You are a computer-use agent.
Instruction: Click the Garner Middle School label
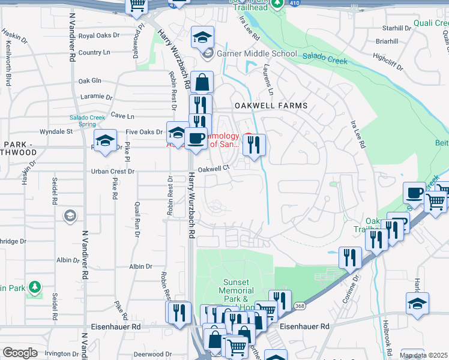(x=258, y=53)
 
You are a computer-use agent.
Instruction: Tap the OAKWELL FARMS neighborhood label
(x=271, y=106)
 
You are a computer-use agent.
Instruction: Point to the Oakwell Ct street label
(x=214, y=169)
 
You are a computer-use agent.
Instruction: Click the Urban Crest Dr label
(x=112, y=172)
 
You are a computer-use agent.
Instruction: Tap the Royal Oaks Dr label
(x=98, y=35)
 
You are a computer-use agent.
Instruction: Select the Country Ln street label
(x=94, y=52)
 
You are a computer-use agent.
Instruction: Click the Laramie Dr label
(x=95, y=97)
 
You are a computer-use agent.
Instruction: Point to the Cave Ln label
(x=122, y=116)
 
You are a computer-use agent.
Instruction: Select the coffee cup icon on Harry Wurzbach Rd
(x=196, y=138)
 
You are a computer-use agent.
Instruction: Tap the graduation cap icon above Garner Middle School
(x=203, y=37)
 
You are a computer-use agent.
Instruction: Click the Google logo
(x=20, y=353)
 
